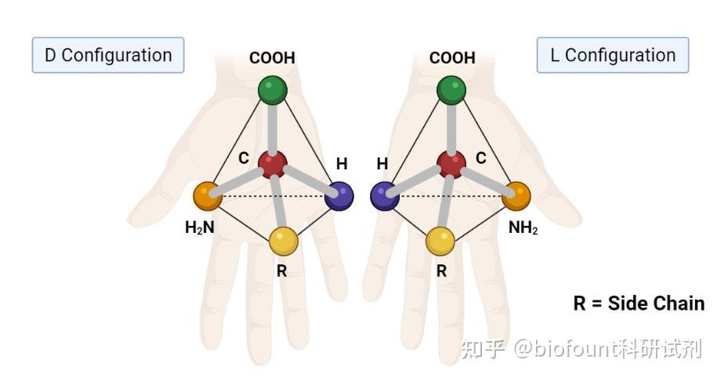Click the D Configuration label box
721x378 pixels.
[108, 55]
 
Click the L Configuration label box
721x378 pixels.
[612, 55]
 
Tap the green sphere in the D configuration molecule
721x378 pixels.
[273, 89]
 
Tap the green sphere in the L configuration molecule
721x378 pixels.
[451, 89]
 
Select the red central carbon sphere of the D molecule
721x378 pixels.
[272, 165]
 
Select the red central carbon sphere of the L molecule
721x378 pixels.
[451, 165]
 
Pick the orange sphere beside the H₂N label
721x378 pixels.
[208, 195]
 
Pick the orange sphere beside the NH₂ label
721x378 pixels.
[516, 195]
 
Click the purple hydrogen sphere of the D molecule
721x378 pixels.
[339, 195]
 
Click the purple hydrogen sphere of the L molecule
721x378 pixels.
[385, 195]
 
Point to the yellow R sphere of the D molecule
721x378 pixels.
[284, 241]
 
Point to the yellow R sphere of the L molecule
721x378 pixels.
[441, 241]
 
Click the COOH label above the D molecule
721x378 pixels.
[273, 58]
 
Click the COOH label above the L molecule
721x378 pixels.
[452, 58]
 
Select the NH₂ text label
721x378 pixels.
[523, 228]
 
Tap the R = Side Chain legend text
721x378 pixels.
[638, 303]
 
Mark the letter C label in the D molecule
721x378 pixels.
[244, 158]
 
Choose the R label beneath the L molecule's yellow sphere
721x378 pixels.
[441, 271]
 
